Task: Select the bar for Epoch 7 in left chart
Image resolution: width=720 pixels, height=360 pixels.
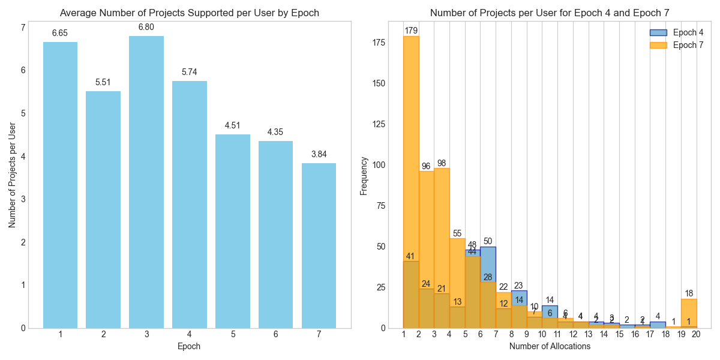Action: click(x=319, y=245)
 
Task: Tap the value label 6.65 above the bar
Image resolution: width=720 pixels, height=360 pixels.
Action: click(x=60, y=34)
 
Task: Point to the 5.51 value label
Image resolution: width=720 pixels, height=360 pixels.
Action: click(x=103, y=82)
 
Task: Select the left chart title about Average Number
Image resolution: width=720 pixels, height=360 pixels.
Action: click(x=190, y=13)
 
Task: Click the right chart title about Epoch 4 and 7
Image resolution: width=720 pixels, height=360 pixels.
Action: click(x=550, y=13)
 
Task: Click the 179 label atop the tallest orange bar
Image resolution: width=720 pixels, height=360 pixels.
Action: click(x=411, y=31)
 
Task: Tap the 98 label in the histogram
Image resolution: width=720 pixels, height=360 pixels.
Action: click(x=442, y=163)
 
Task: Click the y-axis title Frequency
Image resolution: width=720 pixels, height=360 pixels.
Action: click(x=364, y=175)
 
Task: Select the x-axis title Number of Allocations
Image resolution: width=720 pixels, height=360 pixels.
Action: click(x=550, y=346)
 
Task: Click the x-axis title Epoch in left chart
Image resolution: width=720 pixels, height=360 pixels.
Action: click(x=190, y=346)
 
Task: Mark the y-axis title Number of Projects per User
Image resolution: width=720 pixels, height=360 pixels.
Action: click(x=13, y=175)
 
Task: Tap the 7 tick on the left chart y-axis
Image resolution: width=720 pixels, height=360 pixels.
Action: click(x=23, y=27)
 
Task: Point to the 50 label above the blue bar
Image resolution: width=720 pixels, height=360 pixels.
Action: click(x=488, y=241)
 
